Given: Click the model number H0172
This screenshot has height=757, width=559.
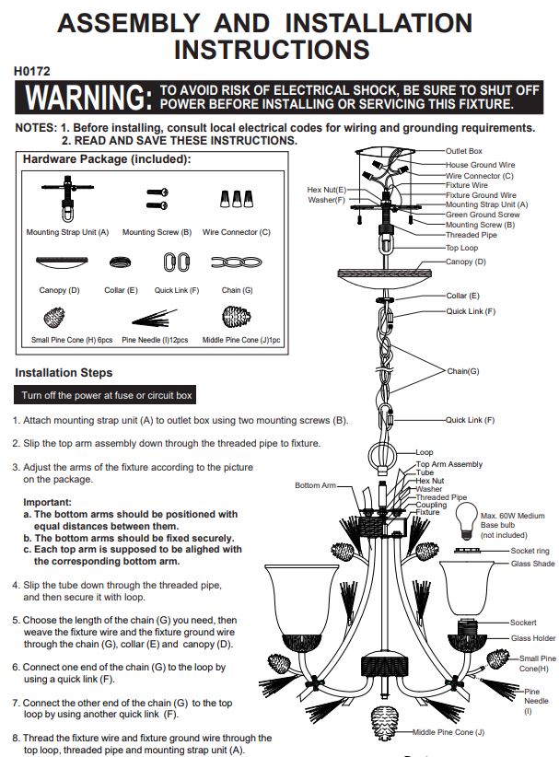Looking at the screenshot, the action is click(x=32, y=71).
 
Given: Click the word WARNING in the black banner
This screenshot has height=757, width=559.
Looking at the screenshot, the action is click(x=88, y=97).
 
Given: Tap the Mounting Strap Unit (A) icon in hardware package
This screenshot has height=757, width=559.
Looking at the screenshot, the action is click(x=67, y=198).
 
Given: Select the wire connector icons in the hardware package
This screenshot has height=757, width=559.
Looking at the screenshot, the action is click(x=237, y=198).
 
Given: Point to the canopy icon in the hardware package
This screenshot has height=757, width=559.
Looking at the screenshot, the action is click(x=62, y=262).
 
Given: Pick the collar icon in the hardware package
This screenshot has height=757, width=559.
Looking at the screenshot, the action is click(x=121, y=262).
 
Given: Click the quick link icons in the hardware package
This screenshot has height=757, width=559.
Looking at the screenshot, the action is click(x=177, y=262).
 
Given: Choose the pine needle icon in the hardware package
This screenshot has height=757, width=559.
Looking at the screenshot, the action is click(x=154, y=318).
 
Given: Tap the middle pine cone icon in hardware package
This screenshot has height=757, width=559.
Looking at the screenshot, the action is click(x=236, y=317).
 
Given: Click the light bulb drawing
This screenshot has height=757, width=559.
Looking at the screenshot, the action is click(x=466, y=521).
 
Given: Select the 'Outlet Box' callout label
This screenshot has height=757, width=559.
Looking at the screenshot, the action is click(x=463, y=151).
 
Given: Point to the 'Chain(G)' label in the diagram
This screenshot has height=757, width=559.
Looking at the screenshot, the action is click(x=463, y=371).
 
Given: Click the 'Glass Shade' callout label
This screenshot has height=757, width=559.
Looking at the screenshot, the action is click(x=533, y=564).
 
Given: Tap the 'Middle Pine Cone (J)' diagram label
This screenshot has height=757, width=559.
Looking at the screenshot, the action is click(x=448, y=732).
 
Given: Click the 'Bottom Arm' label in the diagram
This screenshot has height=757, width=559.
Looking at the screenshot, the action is click(x=315, y=485).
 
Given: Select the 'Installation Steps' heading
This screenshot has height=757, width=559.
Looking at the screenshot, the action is click(x=64, y=373).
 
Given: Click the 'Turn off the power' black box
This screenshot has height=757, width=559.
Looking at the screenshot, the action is click(x=105, y=395).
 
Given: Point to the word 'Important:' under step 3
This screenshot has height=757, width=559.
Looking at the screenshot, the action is click(x=47, y=502).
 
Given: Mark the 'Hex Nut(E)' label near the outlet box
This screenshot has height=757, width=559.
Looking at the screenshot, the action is click(x=327, y=190).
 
